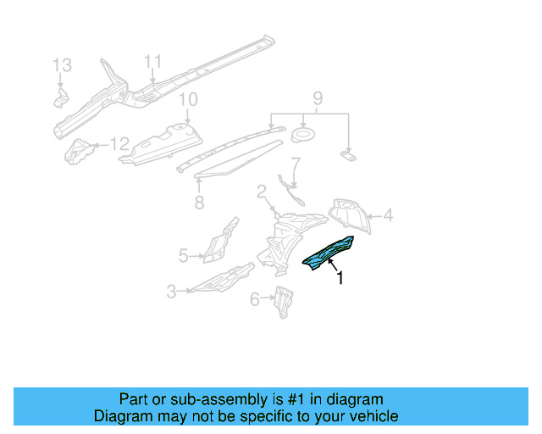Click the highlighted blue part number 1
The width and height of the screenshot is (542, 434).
pyautogui.click(x=331, y=253)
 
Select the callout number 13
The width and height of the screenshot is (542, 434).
pyautogui.click(x=63, y=64)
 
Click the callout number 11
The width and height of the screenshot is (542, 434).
pyautogui.click(x=152, y=61)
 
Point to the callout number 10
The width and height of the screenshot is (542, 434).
pyautogui.click(x=187, y=99)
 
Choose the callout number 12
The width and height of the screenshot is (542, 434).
pyautogui.click(x=120, y=143)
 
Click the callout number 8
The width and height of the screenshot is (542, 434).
pyautogui.click(x=198, y=203)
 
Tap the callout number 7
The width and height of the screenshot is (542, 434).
pyautogui.click(x=296, y=163)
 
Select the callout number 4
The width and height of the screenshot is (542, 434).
pyautogui.click(x=388, y=216)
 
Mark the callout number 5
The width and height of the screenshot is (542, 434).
pyautogui.click(x=183, y=254)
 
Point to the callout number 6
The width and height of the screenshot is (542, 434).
pyautogui.click(x=254, y=298)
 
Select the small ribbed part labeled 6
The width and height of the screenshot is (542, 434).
pyautogui.click(x=283, y=300)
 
